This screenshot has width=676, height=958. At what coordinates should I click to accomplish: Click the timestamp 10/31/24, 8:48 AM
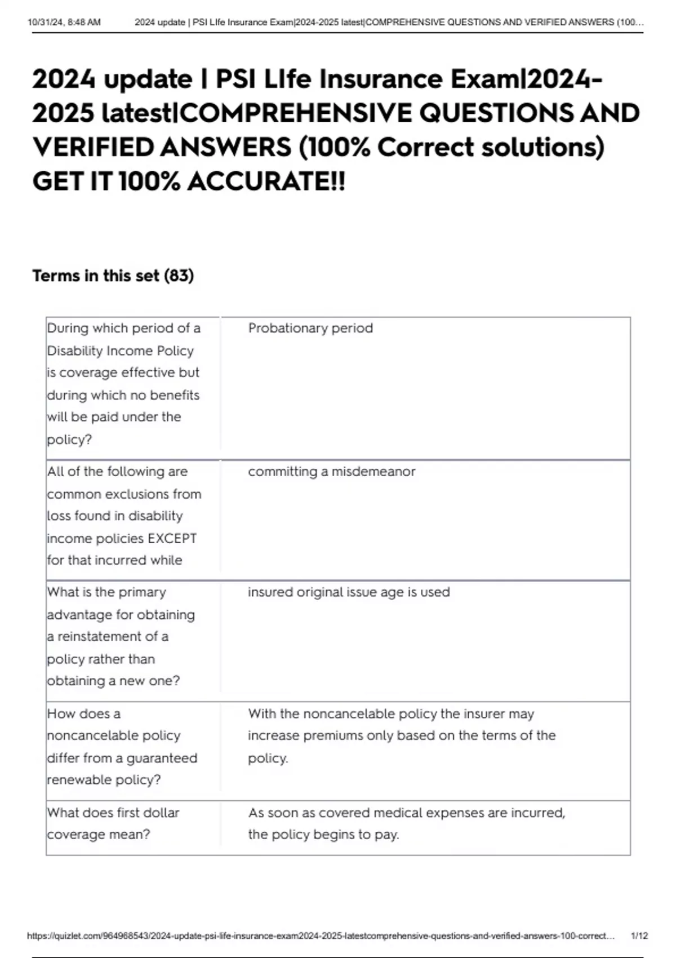pyautogui.click(x=64, y=23)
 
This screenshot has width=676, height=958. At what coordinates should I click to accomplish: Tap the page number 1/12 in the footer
pyautogui.click(x=639, y=935)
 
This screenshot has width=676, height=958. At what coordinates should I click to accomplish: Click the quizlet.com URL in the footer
pyautogui.click(x=321, y=935)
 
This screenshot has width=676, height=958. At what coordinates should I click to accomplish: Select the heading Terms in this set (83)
pyautogui.click(x=113, y=276)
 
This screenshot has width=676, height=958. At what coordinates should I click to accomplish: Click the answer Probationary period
pyautogui.click(x=310, y=328)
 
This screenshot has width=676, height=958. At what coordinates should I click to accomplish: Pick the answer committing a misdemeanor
pyautogui.click(x=331, y=471)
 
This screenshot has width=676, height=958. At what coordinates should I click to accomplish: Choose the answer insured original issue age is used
pyautogui.click(x=349, y=592)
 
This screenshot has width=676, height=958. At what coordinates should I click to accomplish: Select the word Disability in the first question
pyautogui.click(x=73, y=351)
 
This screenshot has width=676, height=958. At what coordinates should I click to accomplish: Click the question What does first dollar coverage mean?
pyautogui.click(x=113, y=823)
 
